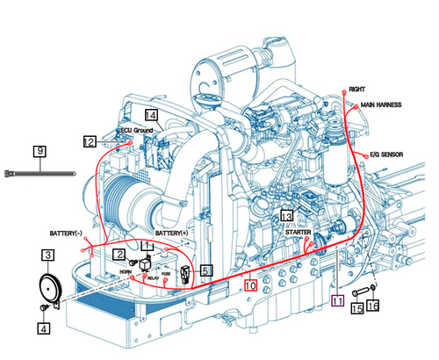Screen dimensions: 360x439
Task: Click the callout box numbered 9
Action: coord(40,151)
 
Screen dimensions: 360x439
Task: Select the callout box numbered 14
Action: coord(151,115)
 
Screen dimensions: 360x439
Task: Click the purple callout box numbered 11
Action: coord(338,299)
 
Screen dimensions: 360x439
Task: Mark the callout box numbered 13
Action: coord(286,216)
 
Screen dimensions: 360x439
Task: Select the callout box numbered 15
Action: coord(356,308)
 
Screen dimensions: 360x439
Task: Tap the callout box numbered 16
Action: coord(373,307)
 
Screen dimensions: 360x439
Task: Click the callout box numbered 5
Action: coord(205,271)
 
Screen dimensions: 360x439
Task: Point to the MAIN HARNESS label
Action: coord(381,104)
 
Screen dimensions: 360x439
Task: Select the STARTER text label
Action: coord(298,232)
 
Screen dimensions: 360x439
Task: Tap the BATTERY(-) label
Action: coord(66,233)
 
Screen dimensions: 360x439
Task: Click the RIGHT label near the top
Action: coord(357,90)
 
